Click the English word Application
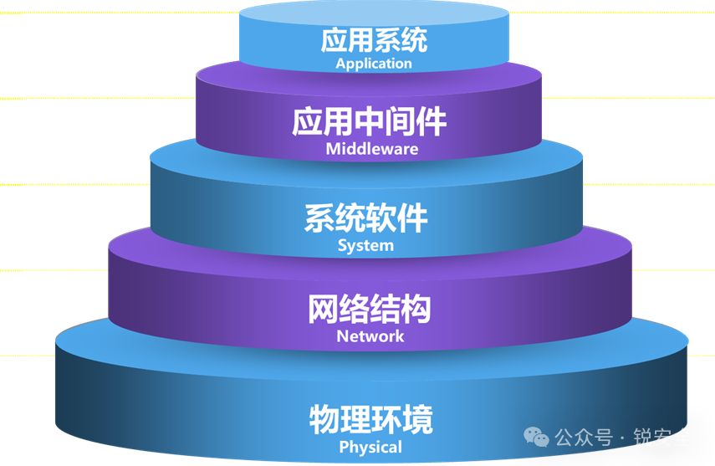click(x=374, y=64)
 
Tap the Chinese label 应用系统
click(x=374, y=40)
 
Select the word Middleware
click(x=371, y=150)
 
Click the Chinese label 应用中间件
click(x=370, y=122)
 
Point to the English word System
click(x=365, y=246)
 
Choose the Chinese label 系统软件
click(x=365, y=218)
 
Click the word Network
click(x=370, y=336)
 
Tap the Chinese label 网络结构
click(x=370, y=309)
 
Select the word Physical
click(x=370, y=448)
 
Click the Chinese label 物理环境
click(x=370, y=418)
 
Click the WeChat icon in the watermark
click(x=537, y=438)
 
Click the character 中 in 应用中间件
click(x=370, y=122)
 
